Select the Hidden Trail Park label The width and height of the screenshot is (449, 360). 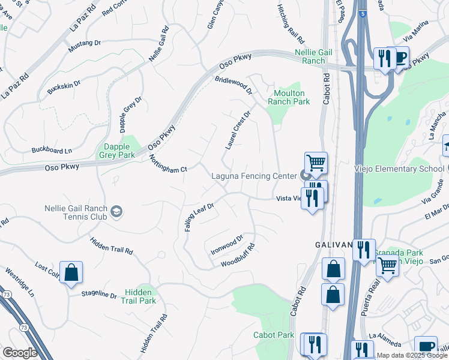tap(140, 296)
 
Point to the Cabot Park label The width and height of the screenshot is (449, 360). tap(274, 335)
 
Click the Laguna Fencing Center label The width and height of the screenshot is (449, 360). tap(255, 176)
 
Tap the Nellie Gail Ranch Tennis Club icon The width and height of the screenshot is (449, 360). tap(116, 211)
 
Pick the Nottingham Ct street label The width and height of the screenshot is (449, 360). tap(169, 163)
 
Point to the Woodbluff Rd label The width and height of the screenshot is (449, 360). tap(238, 256)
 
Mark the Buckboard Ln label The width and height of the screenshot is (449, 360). tap(52, 150)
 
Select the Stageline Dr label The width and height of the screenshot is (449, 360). tap(100, 295)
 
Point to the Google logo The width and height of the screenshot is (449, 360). tap(20, 353)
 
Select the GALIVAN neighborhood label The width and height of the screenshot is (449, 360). tap(334, 245)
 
